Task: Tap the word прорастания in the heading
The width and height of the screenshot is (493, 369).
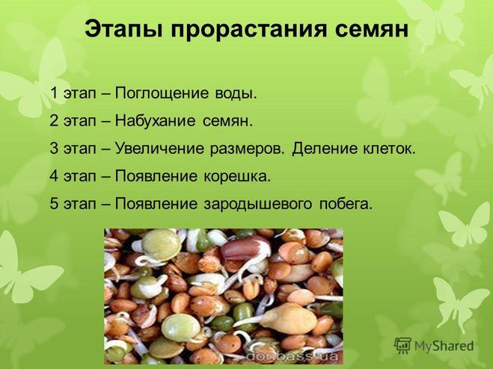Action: click(248, 30)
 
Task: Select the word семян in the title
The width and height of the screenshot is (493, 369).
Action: click(371, 30)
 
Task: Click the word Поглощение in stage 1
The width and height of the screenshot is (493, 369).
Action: click(162, 93)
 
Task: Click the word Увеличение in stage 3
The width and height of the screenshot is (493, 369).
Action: click(159, 149)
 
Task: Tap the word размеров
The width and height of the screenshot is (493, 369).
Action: click(248, 149)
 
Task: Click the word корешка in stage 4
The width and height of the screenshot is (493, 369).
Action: click(237, 176)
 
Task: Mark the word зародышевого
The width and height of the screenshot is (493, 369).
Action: click(258, 204)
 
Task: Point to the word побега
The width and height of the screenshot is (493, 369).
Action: click(346, 204)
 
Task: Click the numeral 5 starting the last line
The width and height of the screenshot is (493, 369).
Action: click(54, 204)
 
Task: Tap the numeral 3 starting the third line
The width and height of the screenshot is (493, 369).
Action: click(54, 149)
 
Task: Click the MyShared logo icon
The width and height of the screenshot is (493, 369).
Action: click(402, 346)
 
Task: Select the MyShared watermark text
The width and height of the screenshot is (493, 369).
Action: click(444, 346)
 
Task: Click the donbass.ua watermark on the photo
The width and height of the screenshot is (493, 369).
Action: click(292, 356)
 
